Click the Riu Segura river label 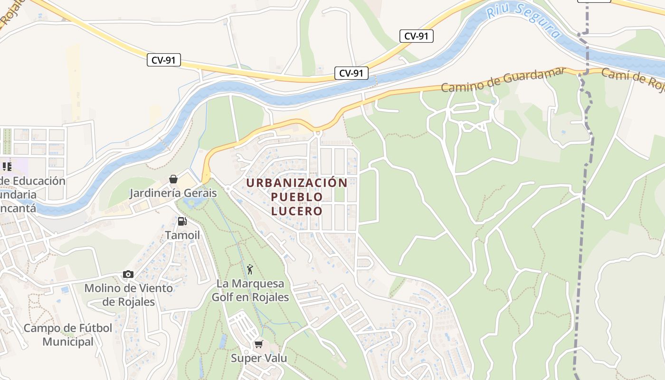(x=523, y=20)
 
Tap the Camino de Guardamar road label (x=503, y=80)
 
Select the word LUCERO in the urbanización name (x=297, y=211)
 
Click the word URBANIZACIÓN (x=297, y=182)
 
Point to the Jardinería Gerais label (x=173, y=193)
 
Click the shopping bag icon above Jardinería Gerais (x=173, y=179)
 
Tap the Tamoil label (x=182, y=235)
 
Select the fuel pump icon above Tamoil (x=182, y=221)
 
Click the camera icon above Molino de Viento (x=128, y=274)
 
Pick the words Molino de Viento (x=129, y=288)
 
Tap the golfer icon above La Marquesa (x=250, y=269)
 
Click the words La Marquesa (x=250, y=284)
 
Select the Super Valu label (x=259, y=358)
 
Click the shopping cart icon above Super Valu (x=259, y=344)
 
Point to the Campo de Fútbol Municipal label (x=68, y=335)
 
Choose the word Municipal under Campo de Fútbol (x=68, y=342)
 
